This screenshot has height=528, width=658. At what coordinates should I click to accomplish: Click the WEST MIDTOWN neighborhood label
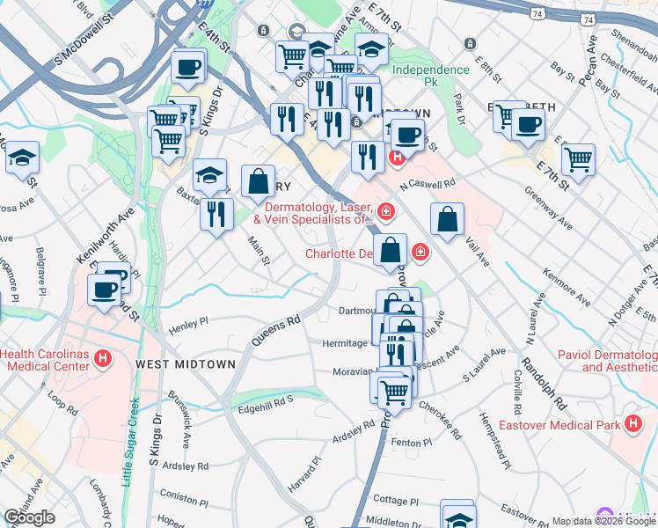[x=186, y=363]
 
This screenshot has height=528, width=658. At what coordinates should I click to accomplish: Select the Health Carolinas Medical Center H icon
[x=104, y=359]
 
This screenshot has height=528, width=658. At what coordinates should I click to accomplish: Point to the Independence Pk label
[x=431, y=76]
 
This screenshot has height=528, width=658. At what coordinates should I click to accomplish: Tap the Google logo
[x=29, y=517]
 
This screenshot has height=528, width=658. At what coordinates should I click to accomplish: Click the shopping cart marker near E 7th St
[x=578, y=158]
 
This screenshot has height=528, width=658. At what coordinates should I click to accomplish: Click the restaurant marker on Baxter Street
[x=216, y=213]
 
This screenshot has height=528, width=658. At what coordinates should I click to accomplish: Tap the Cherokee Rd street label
[x=440, y=421]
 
